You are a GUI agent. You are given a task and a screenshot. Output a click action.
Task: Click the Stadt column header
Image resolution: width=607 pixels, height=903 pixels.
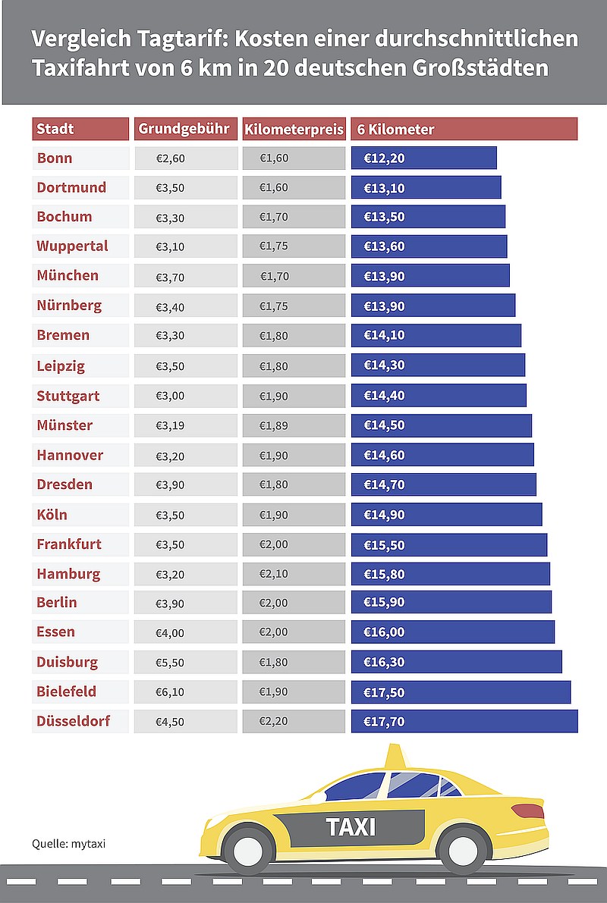(x=80, y=129)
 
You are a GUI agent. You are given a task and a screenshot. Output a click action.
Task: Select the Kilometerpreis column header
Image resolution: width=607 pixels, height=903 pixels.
(x=294, y=129)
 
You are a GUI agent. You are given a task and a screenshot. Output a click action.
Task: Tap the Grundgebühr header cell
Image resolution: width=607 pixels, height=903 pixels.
(x=184, y=129)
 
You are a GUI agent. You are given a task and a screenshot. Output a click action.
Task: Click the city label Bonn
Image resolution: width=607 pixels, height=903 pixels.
(x=55, y=158)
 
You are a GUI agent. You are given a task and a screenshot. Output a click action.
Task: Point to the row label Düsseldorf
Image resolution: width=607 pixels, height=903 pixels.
(x=74, y=721)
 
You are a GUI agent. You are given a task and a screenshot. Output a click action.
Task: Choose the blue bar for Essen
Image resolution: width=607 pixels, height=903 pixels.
(x=452, y=632)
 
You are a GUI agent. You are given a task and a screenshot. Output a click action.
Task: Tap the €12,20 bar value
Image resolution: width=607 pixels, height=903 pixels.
(x=384, y=158)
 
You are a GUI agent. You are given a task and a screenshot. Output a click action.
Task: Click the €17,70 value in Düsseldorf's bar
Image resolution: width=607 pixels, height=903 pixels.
(x=384, y=722)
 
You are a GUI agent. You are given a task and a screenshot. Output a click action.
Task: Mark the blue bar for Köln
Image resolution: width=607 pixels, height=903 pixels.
(x=446, y=515)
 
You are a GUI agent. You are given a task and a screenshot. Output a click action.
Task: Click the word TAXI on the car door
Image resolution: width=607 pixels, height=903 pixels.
(x=351, y=827)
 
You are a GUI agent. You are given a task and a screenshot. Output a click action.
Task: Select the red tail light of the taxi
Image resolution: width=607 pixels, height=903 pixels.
(x=527, y=811)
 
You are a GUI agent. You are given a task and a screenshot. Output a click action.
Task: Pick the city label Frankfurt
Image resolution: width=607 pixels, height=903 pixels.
(x=69, y=544)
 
